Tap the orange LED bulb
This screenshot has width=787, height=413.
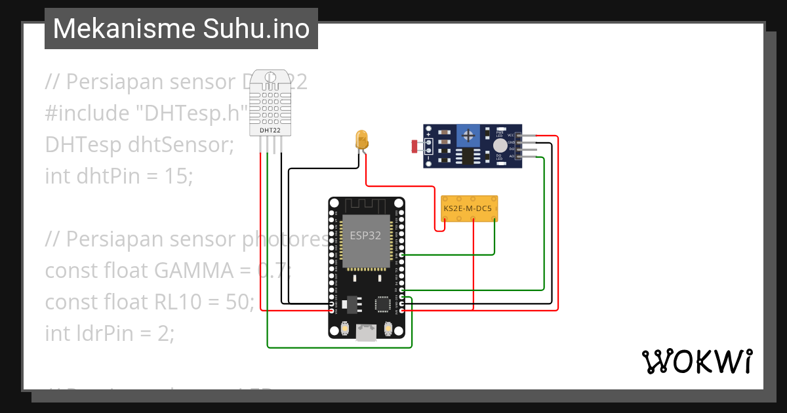[361, 139]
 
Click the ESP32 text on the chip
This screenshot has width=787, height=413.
[365, 236]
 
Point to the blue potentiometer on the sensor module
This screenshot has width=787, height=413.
[468, 136]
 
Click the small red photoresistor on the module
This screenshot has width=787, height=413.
[414, 146]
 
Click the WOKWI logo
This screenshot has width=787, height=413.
[696, 361]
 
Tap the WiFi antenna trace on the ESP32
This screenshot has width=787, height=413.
[365, 205]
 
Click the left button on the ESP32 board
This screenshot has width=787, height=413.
[344, 328]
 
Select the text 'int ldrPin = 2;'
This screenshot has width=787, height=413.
[110, 333]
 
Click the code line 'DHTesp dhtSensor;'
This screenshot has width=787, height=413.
[139, 145]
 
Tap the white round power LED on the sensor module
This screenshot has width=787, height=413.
[500, 146]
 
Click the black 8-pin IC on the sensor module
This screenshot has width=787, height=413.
[468, 156]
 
